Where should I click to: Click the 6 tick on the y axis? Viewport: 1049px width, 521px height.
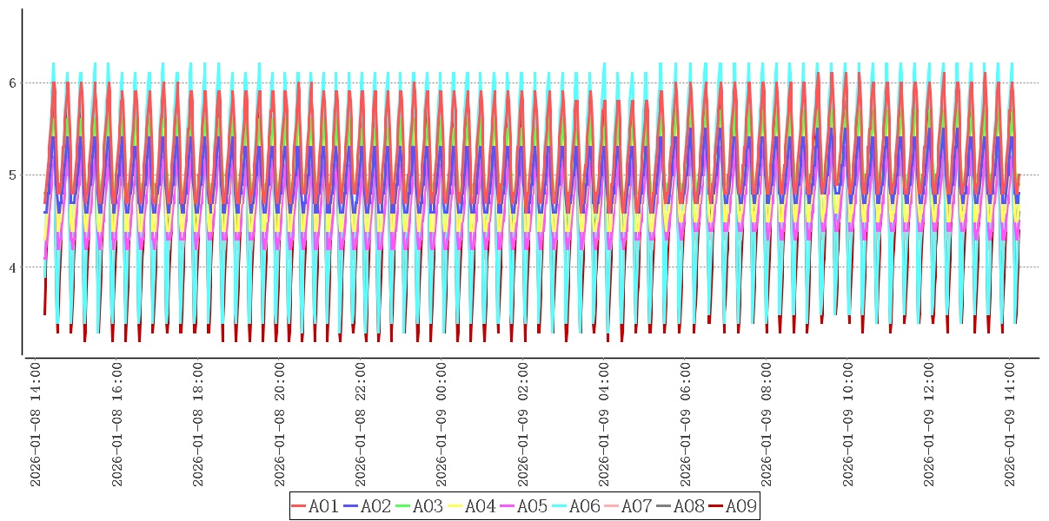click(13, 83)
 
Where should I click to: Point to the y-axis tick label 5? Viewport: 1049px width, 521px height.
click(13, 175)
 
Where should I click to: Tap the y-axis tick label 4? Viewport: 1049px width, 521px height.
click(13, 267)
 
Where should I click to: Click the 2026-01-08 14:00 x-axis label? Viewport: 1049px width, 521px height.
click(36, 425)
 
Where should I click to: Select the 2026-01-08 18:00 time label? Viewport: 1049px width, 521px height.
click(198, 425)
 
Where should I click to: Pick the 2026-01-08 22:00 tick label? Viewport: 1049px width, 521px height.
click(361, 425)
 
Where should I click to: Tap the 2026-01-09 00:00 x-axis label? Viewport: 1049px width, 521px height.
click(442, 425)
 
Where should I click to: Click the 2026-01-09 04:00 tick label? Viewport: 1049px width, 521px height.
click(604, 425)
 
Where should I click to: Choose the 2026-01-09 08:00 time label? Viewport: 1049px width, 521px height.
click(767, 425)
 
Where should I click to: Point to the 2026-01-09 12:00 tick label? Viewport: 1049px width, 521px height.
click(929, 425)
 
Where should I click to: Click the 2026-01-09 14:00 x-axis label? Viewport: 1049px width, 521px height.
click(1011, 425)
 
